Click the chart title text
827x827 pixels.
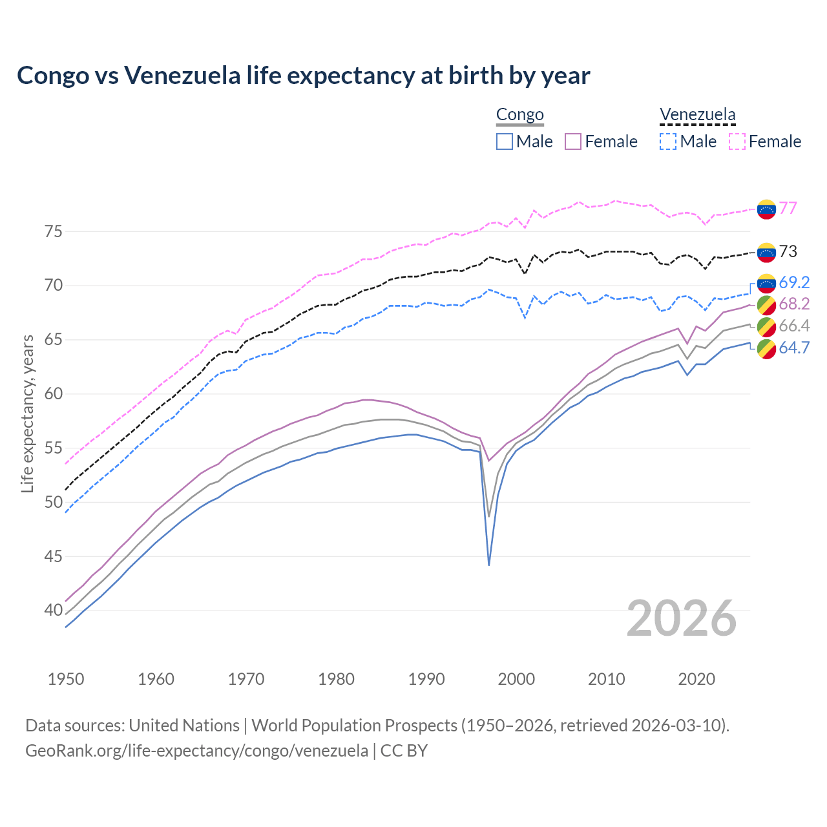tap(303, 76)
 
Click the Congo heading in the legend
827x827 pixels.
tap(519, 115)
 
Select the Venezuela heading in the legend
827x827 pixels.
tap(697, 115)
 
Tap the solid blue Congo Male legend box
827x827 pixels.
tap(505, 141)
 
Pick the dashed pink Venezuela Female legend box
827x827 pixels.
tap(737, 141)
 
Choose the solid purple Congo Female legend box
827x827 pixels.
tap(574, 141)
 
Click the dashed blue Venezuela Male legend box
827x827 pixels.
tap(668, 141)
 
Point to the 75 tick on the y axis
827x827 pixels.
tap(54, 231)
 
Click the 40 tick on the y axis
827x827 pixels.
tap(54, 611)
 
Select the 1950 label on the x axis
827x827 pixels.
tap(66, 679)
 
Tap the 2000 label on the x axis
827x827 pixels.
tap(517, 679)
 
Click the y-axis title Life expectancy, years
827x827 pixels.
tap(28, 413)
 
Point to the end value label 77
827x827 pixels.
tap(788, 208)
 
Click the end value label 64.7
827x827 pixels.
tap(794, 348)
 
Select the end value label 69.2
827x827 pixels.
tap(794, 282)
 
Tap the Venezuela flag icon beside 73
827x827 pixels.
tap(766, 253)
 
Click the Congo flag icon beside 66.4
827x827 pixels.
tap(766, 326)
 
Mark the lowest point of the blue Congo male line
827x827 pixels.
tap(489, 565)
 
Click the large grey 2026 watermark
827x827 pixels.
tap(682, 618)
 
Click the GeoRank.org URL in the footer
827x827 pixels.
tap(196, 751)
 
